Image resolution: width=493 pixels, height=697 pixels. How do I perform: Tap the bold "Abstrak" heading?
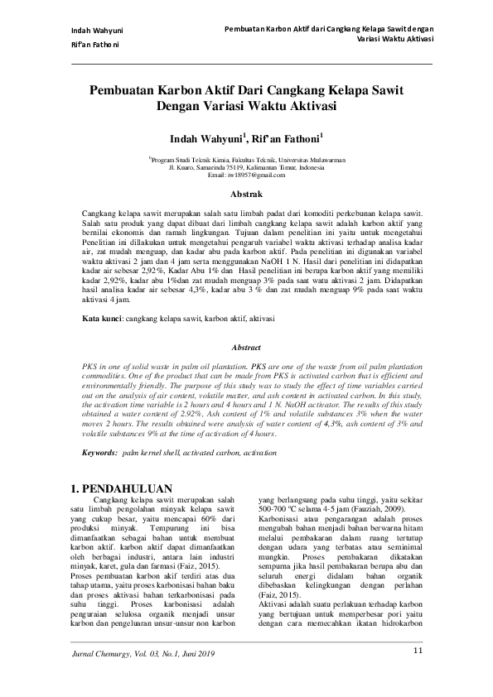tap(245, 195)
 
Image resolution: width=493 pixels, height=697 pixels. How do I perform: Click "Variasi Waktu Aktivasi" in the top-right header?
tap(392, 39)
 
